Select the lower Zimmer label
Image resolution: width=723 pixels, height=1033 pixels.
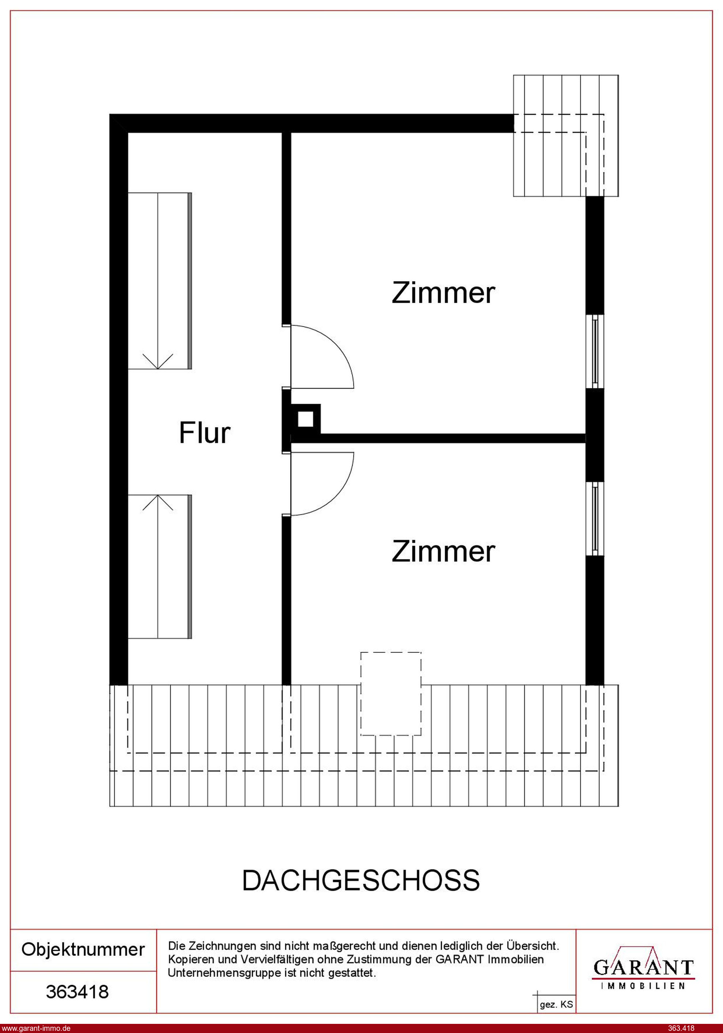click(443, 551)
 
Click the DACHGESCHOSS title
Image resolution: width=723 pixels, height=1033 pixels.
click(361, 881)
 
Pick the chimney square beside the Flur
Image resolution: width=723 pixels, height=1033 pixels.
click(306, 419)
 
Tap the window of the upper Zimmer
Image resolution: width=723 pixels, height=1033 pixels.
click(595, 351)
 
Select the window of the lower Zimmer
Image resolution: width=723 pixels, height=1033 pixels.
click(595, 519)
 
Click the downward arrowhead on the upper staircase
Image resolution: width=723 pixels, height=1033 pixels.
click(158, 361)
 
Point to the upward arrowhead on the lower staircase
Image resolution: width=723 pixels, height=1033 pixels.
click(158, 502)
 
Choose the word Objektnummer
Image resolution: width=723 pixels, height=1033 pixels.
click(83, 949)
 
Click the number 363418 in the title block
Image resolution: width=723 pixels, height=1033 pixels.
click(77, 992)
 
